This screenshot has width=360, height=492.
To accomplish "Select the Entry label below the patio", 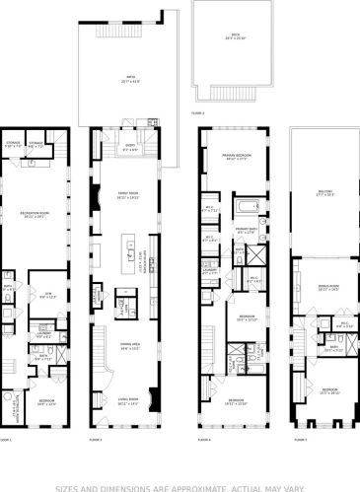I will [x=131, y=150].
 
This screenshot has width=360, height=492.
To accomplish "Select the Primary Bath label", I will [x=247, y=232].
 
